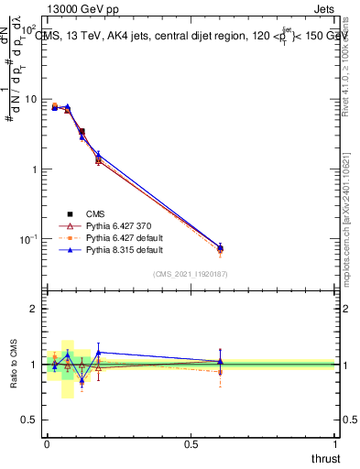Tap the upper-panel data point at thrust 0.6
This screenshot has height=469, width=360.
point(220,248)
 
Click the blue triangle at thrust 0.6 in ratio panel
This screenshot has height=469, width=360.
point(220,361)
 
